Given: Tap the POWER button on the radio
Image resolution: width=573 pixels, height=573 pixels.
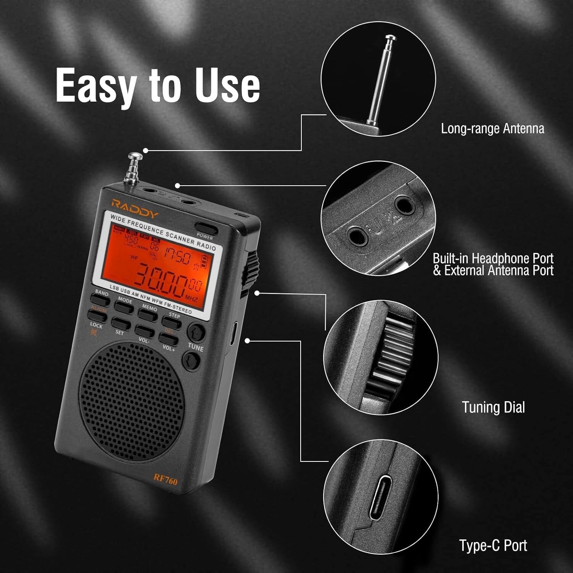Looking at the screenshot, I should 206,227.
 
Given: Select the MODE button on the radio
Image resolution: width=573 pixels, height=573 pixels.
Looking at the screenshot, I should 123,306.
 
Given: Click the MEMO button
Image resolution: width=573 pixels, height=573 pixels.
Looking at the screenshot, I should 147,314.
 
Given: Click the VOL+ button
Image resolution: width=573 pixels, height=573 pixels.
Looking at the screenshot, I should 168,339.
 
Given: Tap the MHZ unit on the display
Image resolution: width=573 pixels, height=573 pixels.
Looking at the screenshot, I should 191,297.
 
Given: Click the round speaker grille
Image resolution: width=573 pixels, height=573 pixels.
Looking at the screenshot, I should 132,401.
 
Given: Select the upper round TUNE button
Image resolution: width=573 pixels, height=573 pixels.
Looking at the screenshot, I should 196,332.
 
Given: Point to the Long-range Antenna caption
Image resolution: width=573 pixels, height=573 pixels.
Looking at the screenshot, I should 492,128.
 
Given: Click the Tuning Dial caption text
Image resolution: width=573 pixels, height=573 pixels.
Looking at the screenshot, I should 493,407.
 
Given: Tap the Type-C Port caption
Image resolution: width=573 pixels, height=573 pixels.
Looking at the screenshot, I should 493,545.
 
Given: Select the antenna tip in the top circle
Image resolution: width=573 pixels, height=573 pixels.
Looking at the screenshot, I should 390,38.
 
